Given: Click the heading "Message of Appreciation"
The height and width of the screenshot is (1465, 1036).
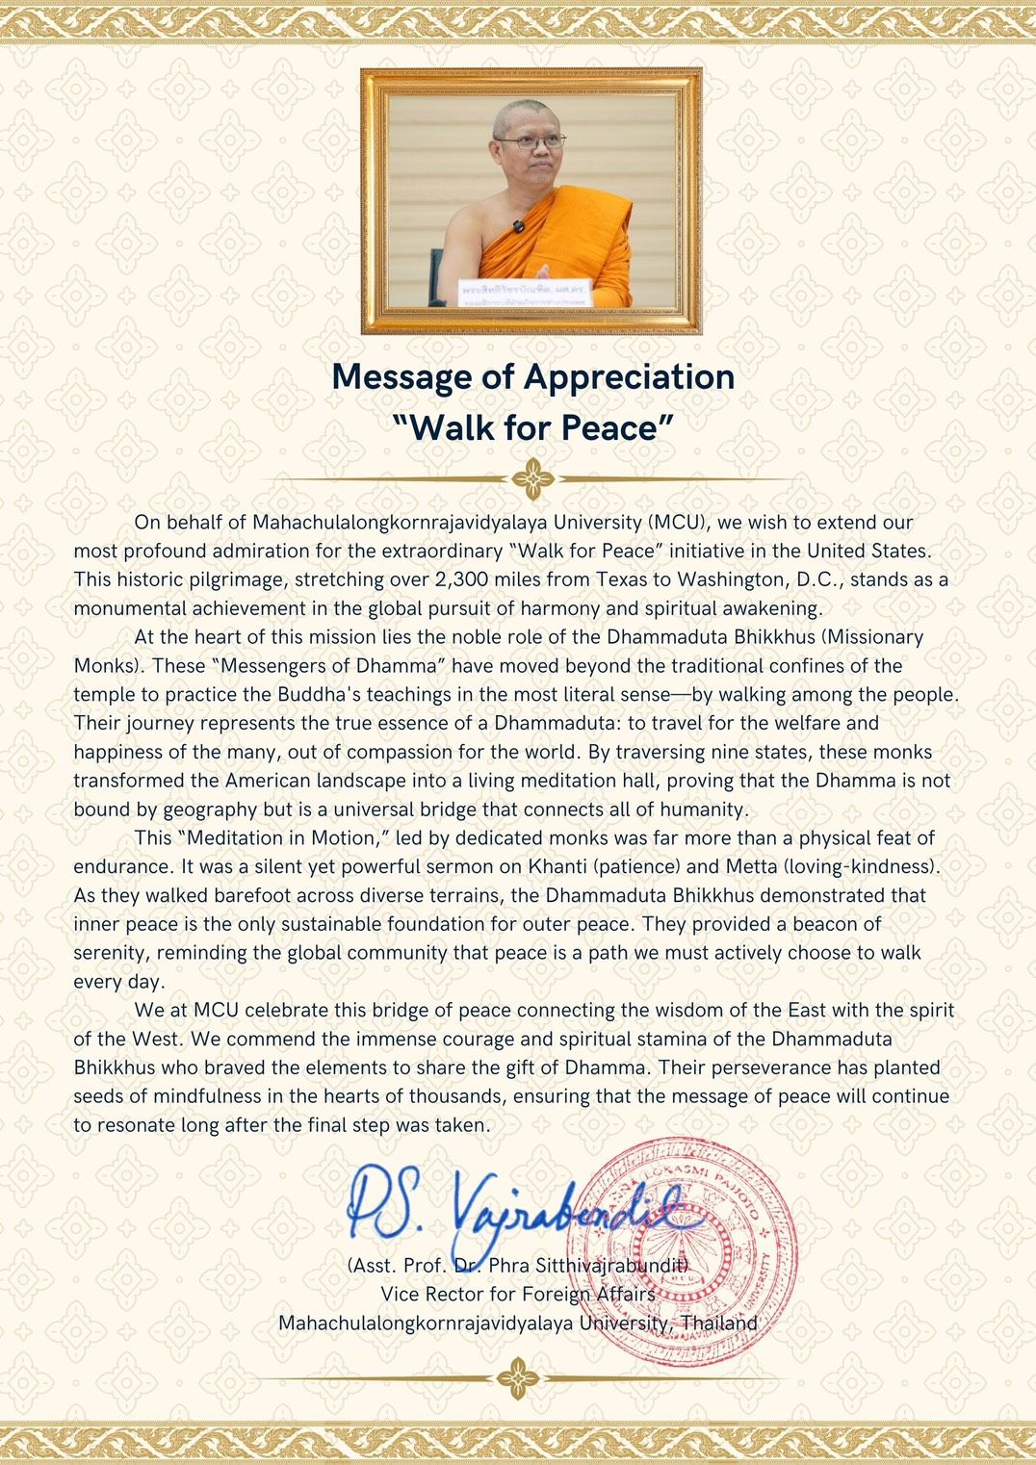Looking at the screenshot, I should coord(532,376).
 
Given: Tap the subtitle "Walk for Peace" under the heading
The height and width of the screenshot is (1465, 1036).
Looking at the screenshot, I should coord(532,427).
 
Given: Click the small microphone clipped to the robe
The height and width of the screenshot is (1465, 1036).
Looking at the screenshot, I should coord(518,227).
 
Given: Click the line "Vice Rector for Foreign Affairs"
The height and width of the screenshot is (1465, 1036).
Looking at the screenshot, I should coord(518,1295).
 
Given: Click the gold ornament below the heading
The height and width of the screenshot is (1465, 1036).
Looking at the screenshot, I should coord(532,478).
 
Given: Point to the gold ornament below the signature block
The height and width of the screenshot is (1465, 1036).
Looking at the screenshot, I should coord(518,1378).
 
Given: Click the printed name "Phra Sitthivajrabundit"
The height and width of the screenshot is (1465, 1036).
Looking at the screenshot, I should coord(588,1265).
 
